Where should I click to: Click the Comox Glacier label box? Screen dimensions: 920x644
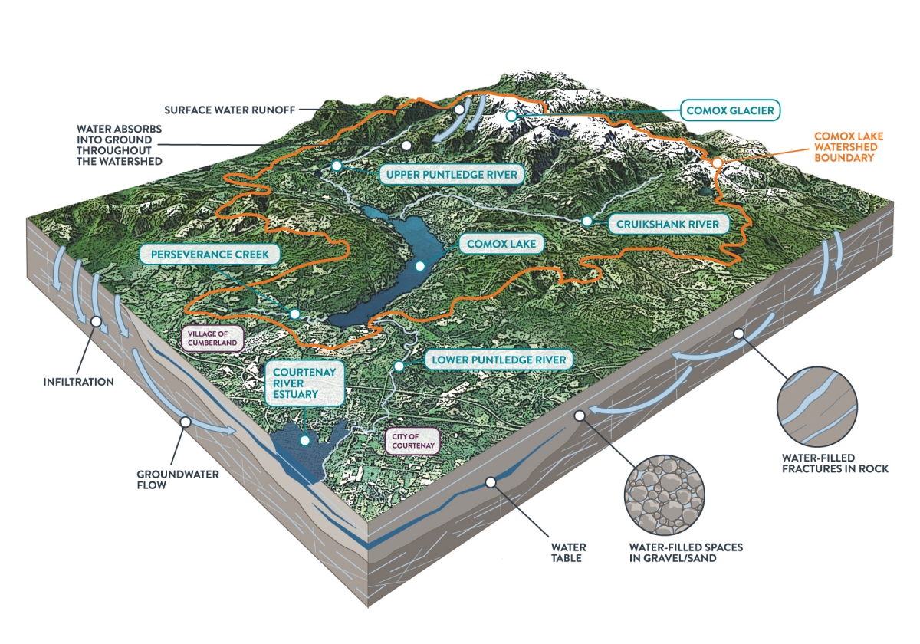coord(730,110)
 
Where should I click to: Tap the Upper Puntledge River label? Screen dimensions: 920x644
coord(452,175)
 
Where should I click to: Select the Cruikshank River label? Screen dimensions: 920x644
coord(668,224)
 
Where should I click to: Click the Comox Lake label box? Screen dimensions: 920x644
coord(501,244)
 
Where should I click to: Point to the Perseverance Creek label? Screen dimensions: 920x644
coord(210,255)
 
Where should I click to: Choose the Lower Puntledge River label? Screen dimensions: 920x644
coord(498,360)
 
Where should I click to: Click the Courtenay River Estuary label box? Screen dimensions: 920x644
coord(304,383)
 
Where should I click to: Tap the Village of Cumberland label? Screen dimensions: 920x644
coord(212,338)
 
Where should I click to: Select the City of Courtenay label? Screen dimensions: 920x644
coord(412,441)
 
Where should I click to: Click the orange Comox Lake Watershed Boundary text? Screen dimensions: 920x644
coord(849,147)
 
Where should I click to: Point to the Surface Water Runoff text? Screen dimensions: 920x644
coord(230,110)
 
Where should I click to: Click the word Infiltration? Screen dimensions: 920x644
coord(78,382)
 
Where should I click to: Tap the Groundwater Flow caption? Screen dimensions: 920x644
coord(177,480)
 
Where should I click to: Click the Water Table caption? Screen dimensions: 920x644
coord(568,553)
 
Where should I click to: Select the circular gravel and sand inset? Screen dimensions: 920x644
coord(664,495)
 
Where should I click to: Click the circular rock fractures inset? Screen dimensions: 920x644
coord(817,406)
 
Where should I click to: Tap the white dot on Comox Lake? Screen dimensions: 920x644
coord(420,266)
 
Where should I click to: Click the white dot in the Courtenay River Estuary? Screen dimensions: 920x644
coord(305,440)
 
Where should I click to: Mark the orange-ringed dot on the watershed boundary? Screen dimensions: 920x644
coord(717,163)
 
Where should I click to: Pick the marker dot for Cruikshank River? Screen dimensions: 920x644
coord(587,222)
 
